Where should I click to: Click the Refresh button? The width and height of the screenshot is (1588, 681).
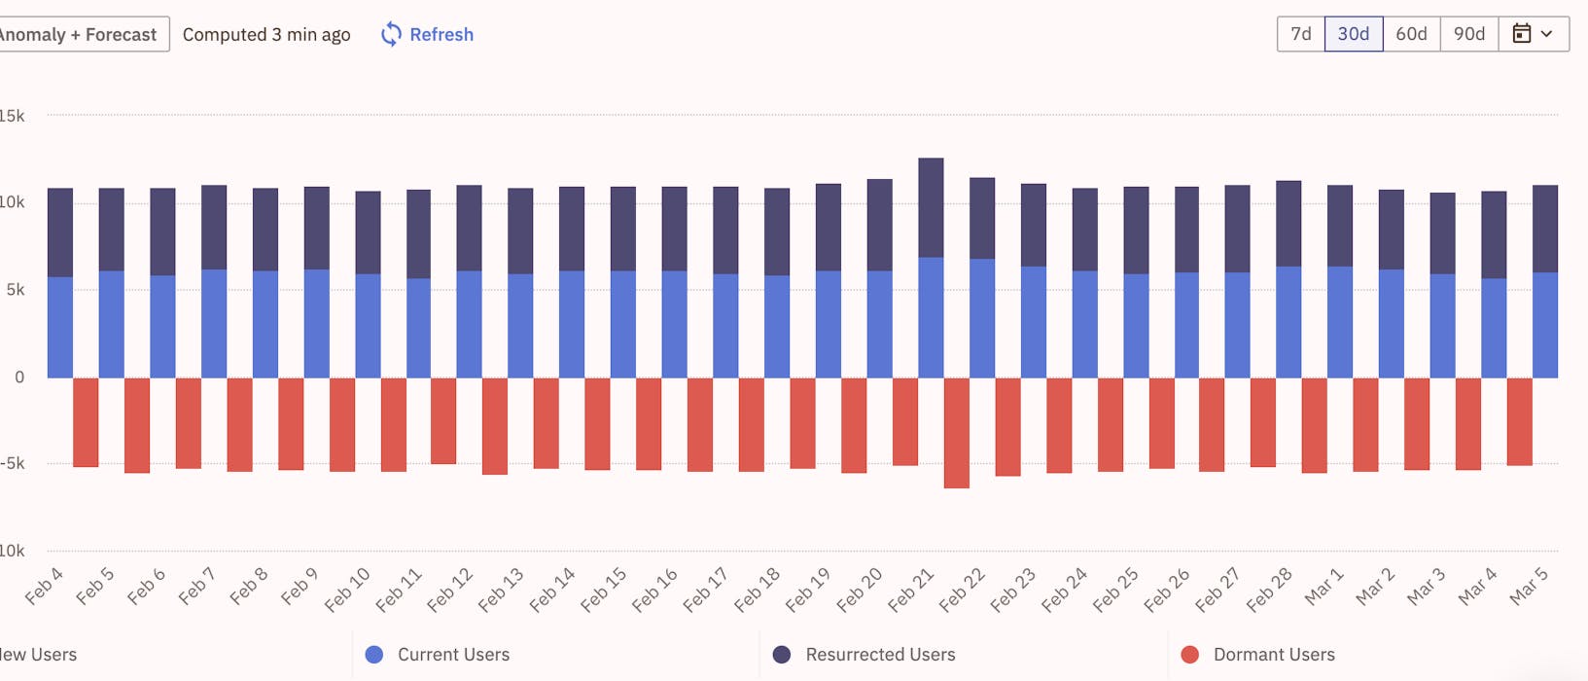427,35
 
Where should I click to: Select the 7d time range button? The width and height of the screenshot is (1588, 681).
1300,34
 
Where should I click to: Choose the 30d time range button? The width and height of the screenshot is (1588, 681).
1353,34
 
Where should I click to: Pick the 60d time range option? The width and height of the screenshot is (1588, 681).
1411,34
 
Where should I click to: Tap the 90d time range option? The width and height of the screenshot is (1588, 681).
1468,34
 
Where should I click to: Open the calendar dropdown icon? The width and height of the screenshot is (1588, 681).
1533,34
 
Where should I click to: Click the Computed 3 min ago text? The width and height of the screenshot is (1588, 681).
266,35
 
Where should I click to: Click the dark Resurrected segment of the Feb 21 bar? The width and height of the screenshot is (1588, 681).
931,208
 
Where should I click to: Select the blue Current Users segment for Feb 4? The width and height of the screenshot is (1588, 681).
60,327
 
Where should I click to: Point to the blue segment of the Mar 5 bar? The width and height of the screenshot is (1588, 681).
1545,325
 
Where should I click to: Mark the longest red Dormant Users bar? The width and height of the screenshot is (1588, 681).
956,433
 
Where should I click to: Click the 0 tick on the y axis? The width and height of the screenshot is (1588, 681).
19,377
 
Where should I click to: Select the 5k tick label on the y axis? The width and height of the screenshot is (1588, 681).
15,290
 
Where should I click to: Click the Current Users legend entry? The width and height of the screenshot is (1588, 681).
438,655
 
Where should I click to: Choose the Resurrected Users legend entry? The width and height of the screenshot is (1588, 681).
865,655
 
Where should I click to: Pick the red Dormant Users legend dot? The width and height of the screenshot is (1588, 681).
1189,655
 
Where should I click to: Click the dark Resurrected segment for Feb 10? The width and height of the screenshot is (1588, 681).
368,233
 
